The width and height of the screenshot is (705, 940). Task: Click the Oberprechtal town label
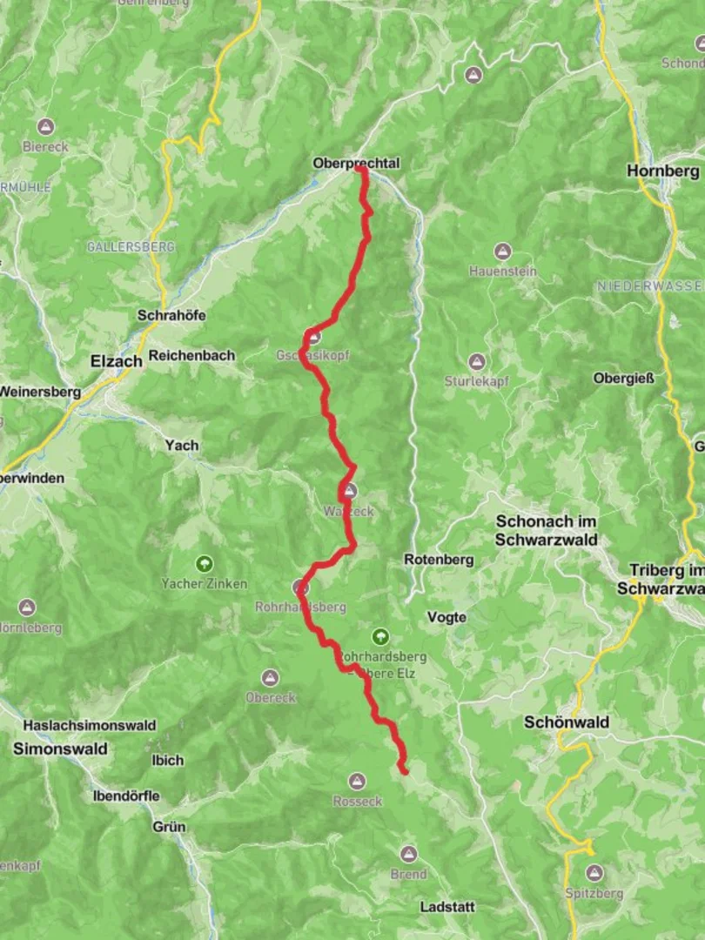tap(356, 163)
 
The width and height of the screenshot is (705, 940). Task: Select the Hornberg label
tap(662, 171)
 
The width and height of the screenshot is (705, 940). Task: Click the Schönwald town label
tap(567, 722)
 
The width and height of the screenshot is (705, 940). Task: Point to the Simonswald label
tap(60, 749)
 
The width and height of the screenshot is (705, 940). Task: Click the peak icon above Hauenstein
tap(502, 252)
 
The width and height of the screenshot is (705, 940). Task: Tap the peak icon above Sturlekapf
tap(476, 362)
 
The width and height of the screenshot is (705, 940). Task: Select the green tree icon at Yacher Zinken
tap(205, 564)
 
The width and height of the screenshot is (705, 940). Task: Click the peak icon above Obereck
tap(271, 678)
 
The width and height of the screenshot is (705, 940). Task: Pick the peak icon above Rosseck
tap(357, 782)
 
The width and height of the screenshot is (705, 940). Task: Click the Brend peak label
tap(408, 874)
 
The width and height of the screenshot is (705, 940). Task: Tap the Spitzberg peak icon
tap(594, 872)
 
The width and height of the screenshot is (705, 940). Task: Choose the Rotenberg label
tap(439, 561)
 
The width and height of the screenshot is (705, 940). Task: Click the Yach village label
tap(182, 445)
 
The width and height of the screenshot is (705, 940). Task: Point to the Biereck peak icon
tap(45, 127)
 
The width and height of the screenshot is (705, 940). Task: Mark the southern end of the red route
tap(404, 769)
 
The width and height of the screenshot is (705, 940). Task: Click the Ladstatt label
tap(447, 907)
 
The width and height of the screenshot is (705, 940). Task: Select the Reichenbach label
tap(191, 355)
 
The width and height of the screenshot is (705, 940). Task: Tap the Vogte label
tap(446, 617)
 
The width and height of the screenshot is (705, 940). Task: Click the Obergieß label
tap(623, 379)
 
